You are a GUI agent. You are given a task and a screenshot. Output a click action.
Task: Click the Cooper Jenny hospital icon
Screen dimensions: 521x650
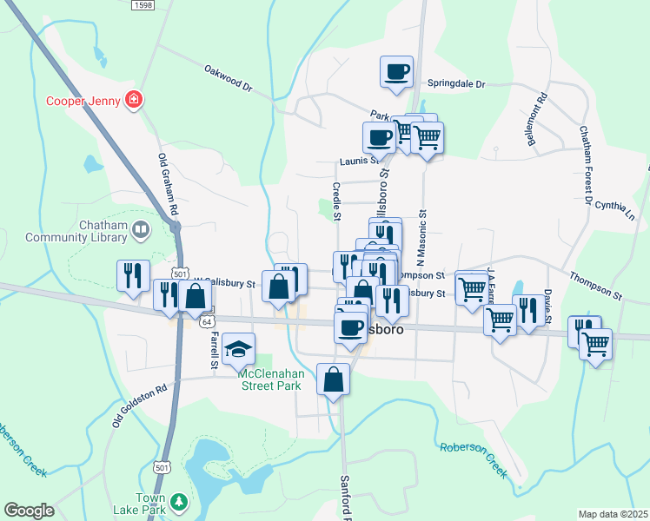pyautogui.click(x=134, y=99)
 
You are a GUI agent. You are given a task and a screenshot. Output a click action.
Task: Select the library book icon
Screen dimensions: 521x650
pyautogui.click(x=141, y=230)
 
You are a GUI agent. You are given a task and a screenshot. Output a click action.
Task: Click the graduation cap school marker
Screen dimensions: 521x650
pyautogui.click(x=238, y=349)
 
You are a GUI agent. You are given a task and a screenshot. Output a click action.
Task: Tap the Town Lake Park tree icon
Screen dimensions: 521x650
pyautogui.click(x=178, y=503)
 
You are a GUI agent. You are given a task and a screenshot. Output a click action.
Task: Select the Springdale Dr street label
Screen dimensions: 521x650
pyautogui.click(x=455, y=85)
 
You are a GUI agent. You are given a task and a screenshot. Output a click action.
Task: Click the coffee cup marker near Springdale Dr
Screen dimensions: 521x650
pyautogui.click(x=396, y=71)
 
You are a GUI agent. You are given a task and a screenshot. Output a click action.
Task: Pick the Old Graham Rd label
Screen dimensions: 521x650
pyautogui.click(x=168, y=184)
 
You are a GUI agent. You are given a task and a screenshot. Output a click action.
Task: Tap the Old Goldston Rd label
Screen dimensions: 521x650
pyautogui.click(x=139, y=406)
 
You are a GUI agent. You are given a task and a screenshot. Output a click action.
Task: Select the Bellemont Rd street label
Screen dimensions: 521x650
pyautogui.click(x=535, y=119)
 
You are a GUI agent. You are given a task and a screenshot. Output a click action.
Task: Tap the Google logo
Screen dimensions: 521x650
pyautogui.click(x=29, y=511)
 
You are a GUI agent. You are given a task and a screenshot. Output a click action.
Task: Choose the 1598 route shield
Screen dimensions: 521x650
pyautogui.click(x=143, y=5)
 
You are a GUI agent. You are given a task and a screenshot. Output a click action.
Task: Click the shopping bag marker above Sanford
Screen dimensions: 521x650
pyautogui.click(x=335, y=379)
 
